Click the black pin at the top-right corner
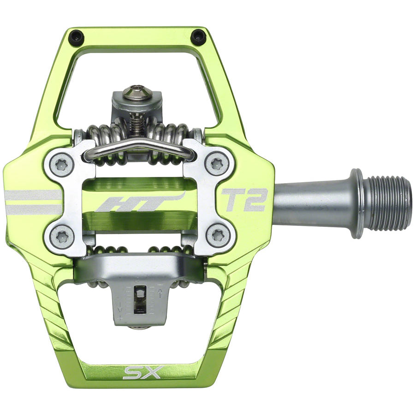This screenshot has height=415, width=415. (198, 36)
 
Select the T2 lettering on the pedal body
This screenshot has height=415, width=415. (244, 199)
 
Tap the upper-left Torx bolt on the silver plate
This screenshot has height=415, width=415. (61, 164)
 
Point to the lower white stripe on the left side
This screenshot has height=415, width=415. (32, 210)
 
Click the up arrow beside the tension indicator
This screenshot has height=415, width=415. (160, 291)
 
